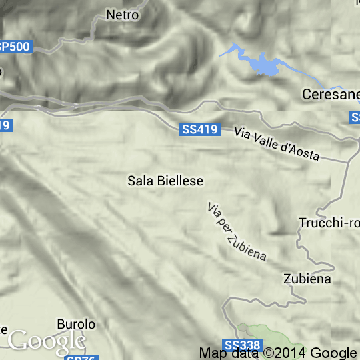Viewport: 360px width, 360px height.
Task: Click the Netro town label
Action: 123,15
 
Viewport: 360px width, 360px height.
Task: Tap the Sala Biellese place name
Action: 165,180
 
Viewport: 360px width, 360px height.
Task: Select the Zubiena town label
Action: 307,279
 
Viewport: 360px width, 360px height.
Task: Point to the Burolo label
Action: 76,324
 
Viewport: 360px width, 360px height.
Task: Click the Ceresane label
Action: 331,95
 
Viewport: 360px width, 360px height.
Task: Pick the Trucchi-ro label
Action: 329,223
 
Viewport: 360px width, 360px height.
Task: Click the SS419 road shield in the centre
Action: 199,129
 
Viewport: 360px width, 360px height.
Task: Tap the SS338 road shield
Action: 241,345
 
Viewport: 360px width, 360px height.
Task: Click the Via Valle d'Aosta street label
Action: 277,143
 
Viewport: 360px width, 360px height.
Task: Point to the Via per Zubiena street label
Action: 237,231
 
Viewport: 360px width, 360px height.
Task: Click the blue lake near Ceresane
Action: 263,65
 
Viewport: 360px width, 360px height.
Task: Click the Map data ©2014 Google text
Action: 278,353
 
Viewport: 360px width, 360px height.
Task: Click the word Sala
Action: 137,180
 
